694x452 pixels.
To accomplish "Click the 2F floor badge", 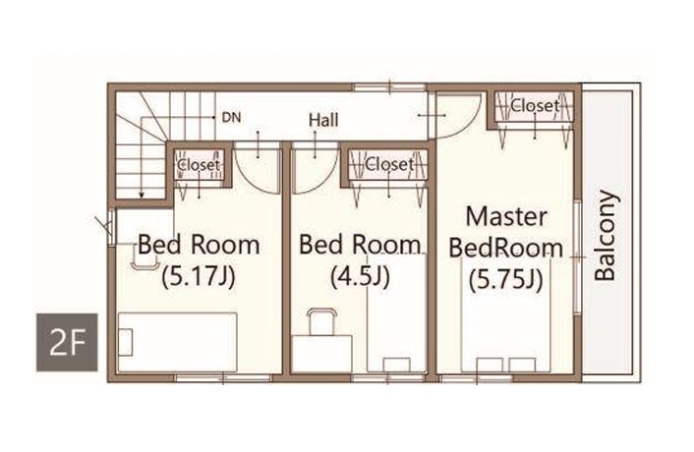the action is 67,342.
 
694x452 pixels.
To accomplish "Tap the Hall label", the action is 323,120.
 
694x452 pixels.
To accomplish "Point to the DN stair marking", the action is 231,118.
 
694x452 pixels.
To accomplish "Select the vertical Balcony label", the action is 605,236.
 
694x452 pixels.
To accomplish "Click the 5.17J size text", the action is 199,277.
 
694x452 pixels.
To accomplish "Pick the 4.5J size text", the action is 361,277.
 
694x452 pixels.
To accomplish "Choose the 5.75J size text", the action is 506,279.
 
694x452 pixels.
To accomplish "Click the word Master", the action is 507,217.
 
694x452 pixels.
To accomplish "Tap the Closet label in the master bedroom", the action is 535,106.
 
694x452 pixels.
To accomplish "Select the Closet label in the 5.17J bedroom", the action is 199,165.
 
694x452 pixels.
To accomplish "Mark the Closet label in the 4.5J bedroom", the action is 389,164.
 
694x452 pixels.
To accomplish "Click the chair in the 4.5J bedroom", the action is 321,322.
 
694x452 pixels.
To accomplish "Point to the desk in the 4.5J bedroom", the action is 321,354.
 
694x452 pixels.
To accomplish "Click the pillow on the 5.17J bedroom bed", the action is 126,342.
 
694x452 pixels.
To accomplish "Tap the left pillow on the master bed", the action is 490,365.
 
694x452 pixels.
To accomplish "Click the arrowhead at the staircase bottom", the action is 142,196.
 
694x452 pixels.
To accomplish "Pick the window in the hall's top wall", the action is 390,87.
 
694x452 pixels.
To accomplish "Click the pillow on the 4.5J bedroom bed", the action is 396,365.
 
